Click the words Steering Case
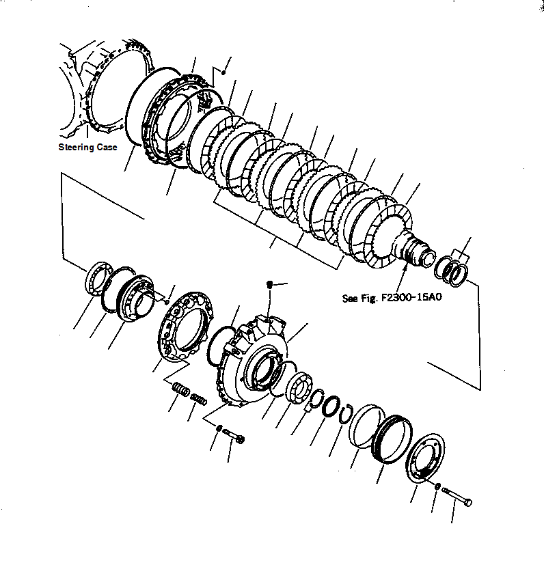(87, 147)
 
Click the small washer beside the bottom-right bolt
(437, 486)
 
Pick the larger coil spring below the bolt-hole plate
(181, 389)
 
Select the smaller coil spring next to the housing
(198, 398)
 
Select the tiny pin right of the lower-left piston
(166, 301)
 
